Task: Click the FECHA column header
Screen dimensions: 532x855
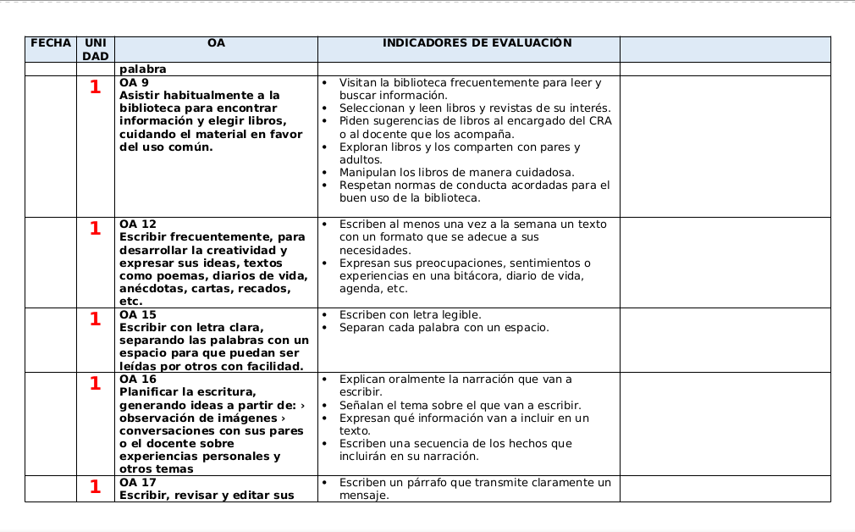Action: click(x=50, y=43)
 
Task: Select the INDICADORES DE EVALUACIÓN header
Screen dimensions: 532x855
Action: click(x=477, y=43)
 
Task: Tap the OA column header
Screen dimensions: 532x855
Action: click(x=216, y=43)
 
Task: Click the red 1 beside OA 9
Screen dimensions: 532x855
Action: click(x=95, y=87)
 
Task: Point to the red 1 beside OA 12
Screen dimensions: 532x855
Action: click(x=95, y=229)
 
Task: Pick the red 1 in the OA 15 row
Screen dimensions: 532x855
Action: click(x=95, y=319)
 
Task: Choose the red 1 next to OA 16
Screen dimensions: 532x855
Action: click(x=95, y=384)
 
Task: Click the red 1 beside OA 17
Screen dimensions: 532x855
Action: click(x=95, y=487)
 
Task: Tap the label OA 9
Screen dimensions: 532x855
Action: click(x=134, y=83)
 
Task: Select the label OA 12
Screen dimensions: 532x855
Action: click(x=137, y=224)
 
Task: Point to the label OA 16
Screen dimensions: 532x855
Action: click(x=137, y=380)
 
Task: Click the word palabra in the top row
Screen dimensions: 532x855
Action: click(x=142, y=69)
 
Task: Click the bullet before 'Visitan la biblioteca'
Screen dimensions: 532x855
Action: click(x=325, y=83)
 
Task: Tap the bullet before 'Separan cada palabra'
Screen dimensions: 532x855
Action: click(x=325, y=328)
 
